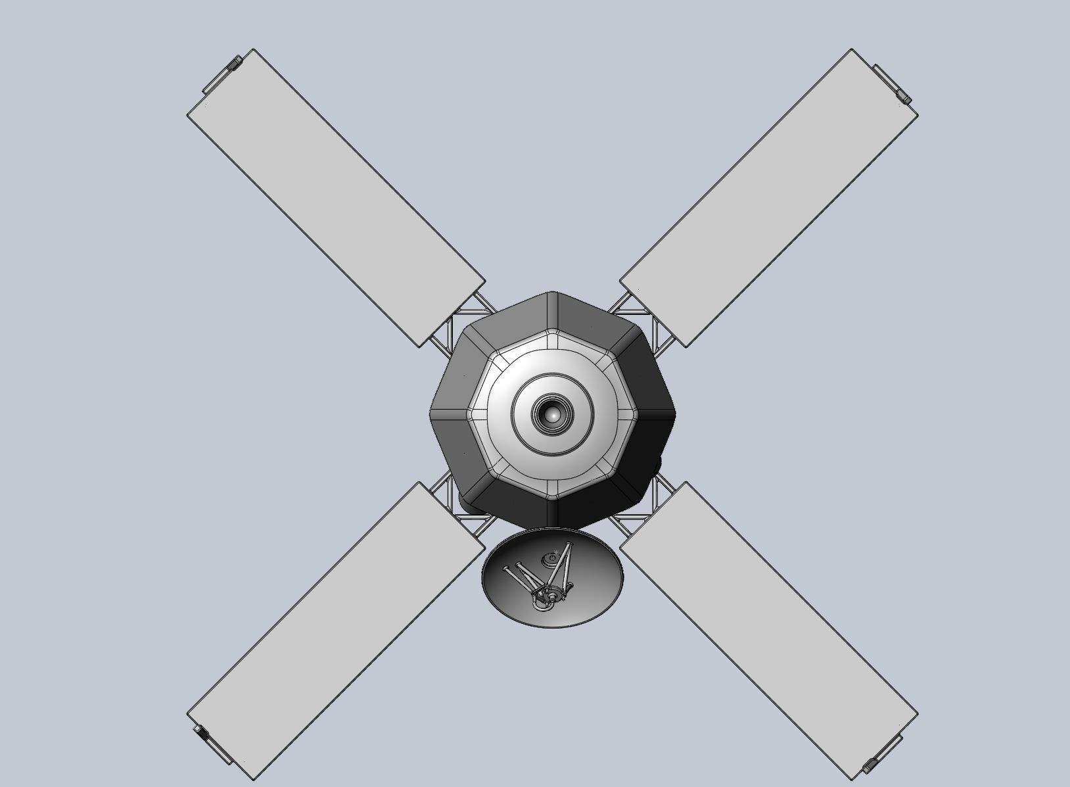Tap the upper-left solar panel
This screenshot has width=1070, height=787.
[x=337, y=197]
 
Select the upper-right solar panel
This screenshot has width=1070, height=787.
[x=769, y=197]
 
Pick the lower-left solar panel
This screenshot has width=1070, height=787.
[x=337, y=631]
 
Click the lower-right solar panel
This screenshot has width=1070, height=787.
[x=769, y=631]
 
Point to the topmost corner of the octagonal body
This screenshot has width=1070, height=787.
[x=552, y=293]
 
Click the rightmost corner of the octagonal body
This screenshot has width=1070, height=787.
[x=675, y=414]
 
